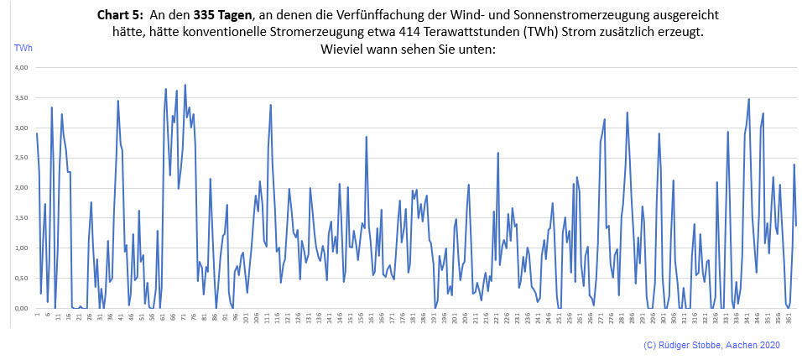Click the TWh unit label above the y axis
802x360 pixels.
[x=22, y=48]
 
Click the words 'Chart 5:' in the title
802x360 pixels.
[x=122, y=15]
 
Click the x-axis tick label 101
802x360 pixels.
[x=246, y=320]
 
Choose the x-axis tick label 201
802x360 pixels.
[x=455, y=320]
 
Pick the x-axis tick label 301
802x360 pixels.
[x=664, y=320]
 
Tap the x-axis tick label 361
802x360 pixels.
[x=789, y=320]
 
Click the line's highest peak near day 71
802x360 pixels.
[x=185, y=85]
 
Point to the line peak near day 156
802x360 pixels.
[x=367, y=137]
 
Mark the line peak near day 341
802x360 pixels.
[x=748, y=99]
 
